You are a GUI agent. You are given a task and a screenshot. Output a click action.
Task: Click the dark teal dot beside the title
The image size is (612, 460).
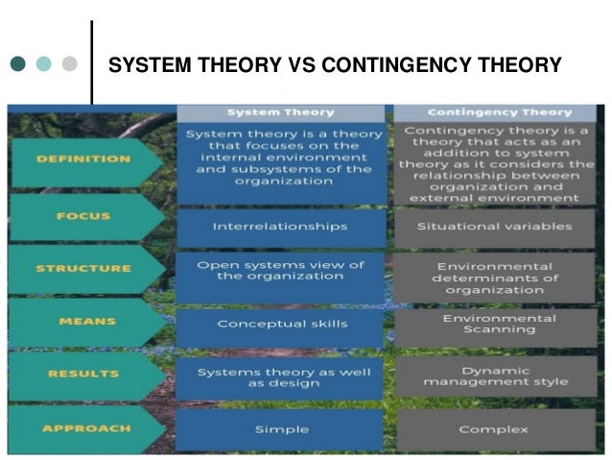click(18, 65)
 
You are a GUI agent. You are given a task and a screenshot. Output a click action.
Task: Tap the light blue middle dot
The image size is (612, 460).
click(43, 65)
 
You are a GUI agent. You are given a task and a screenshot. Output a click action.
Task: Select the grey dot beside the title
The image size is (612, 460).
click(68, 65)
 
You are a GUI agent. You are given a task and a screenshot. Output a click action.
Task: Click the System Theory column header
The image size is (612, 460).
click(280, 111)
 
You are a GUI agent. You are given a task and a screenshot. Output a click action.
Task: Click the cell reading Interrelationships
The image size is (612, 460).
click(280, 227)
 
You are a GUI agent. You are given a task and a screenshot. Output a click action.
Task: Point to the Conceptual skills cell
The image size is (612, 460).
click(280, 324)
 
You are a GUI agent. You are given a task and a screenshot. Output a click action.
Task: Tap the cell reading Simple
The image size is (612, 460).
click(280, 428)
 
